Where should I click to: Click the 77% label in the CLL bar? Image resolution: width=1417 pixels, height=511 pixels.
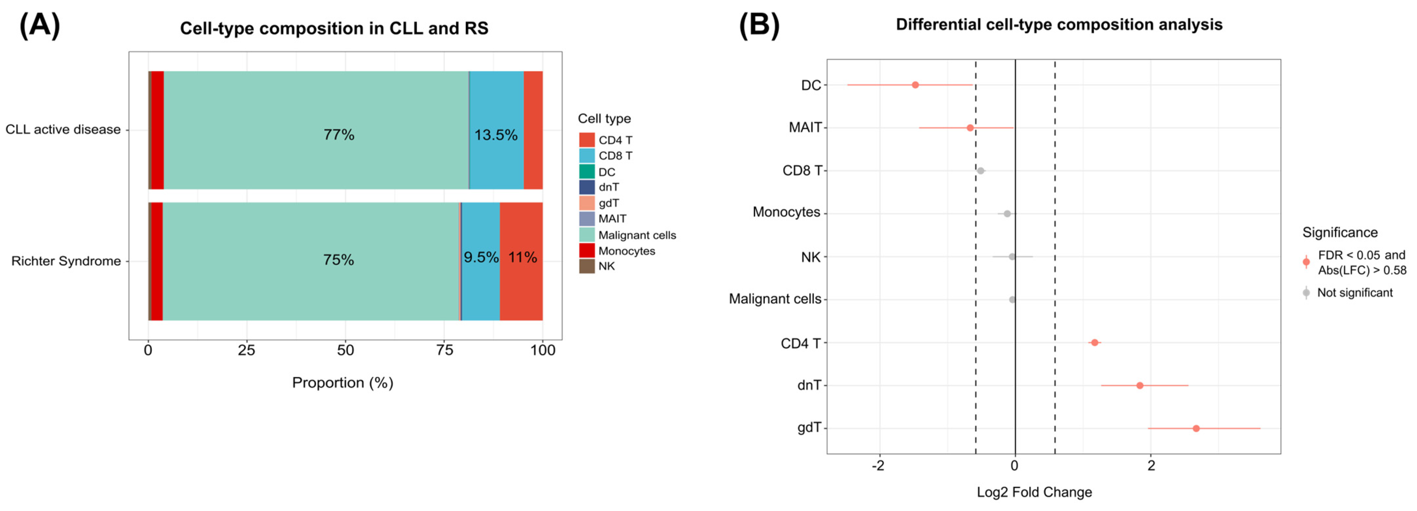pyautogui.click(x=339, y=135)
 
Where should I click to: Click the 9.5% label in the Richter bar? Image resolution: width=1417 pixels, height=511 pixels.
pyautogui.click(x=481, y=257)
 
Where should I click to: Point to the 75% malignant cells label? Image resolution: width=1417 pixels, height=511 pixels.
pyautogui.click(x=338, y=260)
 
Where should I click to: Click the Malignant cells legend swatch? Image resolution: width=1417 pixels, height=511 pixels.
pyautogui.click(x=586, y=235)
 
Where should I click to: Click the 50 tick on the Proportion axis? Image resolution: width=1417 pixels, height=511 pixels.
pyautogui.click(x=345, y=350)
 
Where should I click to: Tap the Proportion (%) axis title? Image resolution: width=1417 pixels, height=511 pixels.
pyautogui.click(x=342, y=382)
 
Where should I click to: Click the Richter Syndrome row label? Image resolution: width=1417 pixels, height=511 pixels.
pyautogui.click(x=66, y=261)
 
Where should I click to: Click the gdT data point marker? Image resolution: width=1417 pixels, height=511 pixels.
pyautogui.click(x=1196, y=428)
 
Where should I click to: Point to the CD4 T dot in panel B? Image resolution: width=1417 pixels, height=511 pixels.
pyautogui.click(x=1095, y=343)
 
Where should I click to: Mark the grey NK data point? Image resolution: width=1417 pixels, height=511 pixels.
pyautogui.click(x=1012, y=256)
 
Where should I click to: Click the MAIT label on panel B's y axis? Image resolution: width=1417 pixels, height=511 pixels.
pyautogui.click(x=805, y=127)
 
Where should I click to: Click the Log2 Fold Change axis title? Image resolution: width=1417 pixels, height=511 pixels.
pyautogui.click(x=1034, y=492)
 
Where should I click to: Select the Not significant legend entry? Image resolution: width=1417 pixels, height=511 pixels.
pyautogui.click(x=1354, y=293)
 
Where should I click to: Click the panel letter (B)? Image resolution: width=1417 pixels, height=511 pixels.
pyautogui.click(x=759, y=25)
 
